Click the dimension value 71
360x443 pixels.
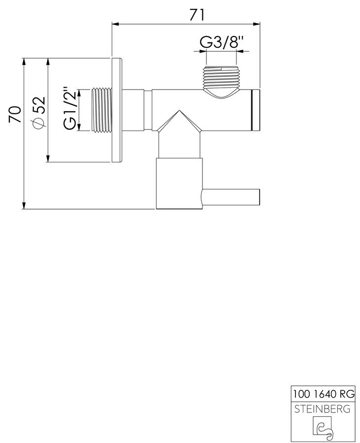click(x=196, y=15)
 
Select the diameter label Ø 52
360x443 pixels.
click(x=39, y=112)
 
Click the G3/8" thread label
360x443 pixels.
click(x=222, y=42)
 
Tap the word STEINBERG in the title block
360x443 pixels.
click(x=322, y=409)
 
